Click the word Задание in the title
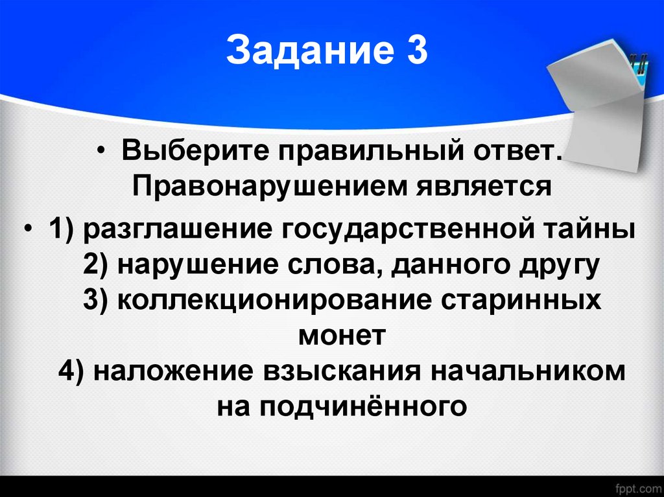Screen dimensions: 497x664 coord(302,52)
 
